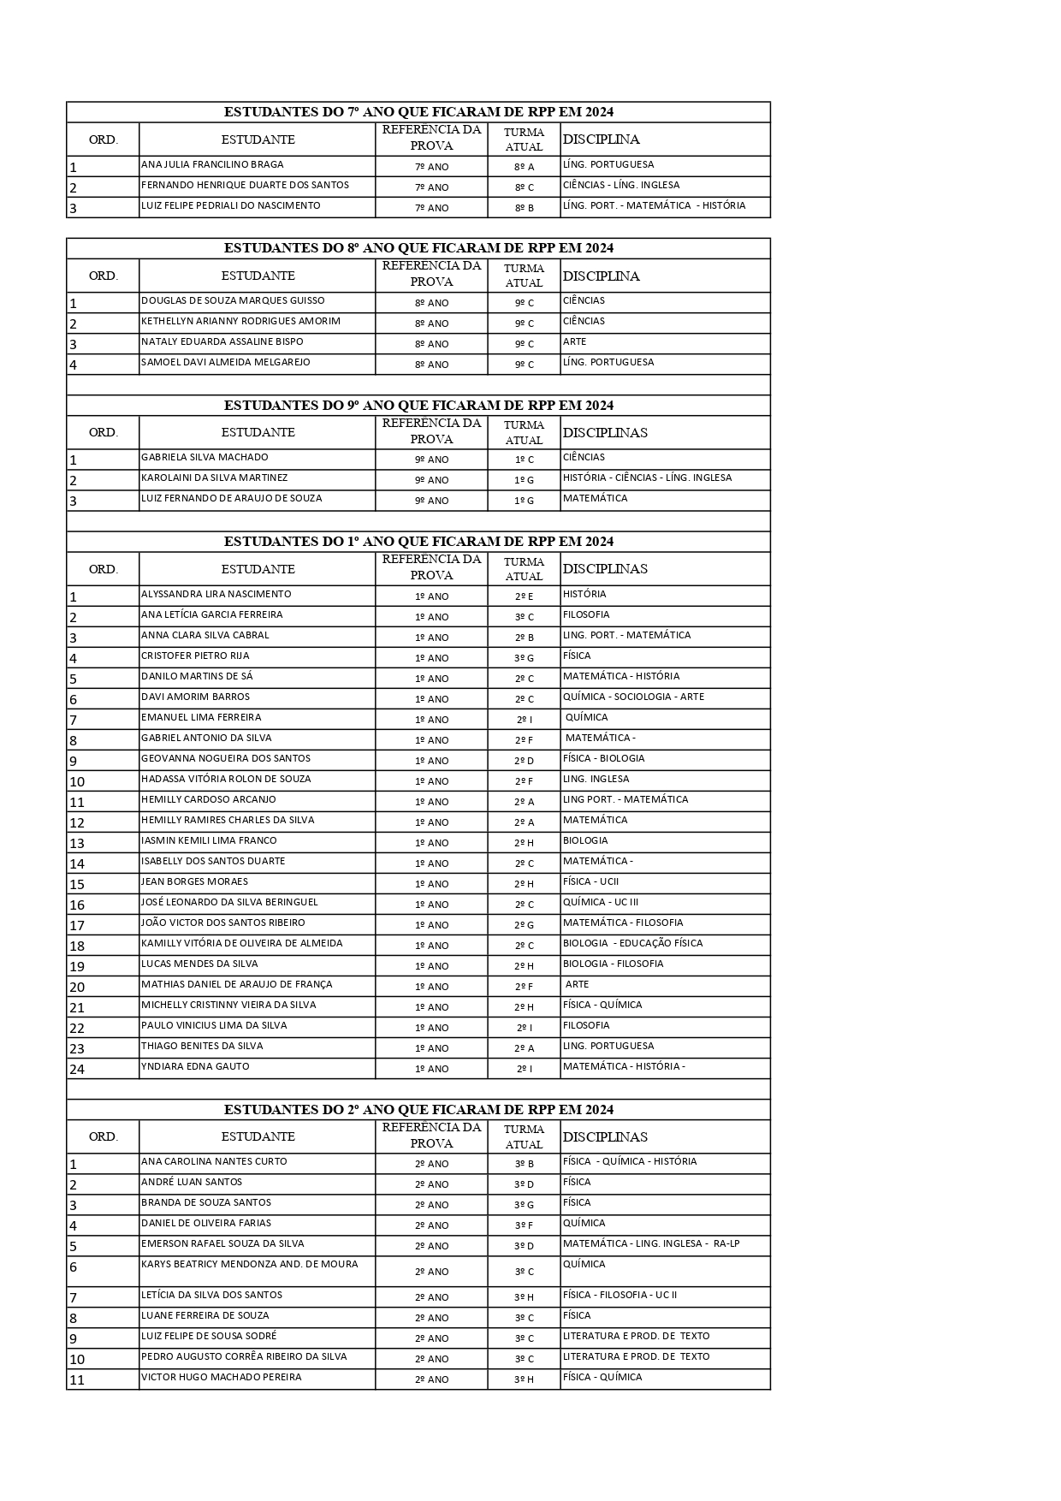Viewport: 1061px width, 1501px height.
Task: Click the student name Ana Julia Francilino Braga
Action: pos(212,164)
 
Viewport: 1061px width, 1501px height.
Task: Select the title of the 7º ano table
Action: pos(418,112)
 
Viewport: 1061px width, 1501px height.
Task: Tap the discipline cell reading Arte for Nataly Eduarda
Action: pos(575,341)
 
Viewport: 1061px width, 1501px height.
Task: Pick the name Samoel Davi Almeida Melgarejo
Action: pos(226,362)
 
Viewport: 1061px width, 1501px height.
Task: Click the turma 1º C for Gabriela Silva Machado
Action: pos(524,460)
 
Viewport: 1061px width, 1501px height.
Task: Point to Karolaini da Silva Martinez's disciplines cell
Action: pos(647,478)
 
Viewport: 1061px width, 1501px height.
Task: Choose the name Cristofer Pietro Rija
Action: pos(195,656)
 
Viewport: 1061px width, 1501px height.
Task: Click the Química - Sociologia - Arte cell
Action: pos(633,697)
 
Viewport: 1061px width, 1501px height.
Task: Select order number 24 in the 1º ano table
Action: pos(77,1069)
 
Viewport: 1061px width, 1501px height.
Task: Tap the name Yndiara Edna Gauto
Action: pos(195,1066)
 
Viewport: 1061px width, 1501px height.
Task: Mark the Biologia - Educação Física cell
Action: pos(632,943)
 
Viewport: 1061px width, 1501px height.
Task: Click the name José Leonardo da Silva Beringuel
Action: pos(229,902)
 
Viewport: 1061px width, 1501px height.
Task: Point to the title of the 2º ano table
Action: pos(418,1110)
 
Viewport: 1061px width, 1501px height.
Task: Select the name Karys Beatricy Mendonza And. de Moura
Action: pos(250,1264)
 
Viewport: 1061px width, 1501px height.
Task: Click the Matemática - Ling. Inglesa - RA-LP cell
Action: pos(651,1243)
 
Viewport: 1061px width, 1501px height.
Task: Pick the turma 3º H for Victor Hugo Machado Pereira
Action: pos(524,1379)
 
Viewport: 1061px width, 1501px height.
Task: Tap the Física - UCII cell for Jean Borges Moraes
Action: pos(590,881)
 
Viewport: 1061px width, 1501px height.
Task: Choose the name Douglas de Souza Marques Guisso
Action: pos(233,300)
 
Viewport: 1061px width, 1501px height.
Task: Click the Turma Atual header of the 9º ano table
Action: pos(524,432)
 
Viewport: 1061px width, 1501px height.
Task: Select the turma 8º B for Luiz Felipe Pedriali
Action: pos(524,208)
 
